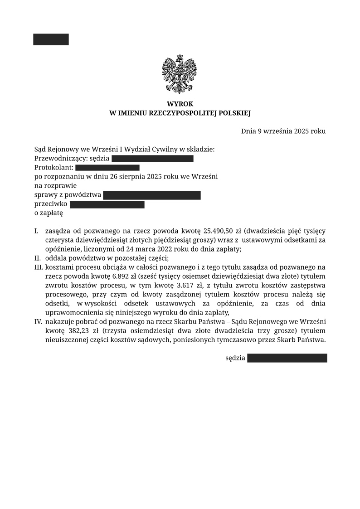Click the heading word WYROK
[x=180, y=104]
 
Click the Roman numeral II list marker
[x=38, y=258]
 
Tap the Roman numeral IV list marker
[x=39, y=322]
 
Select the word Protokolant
[x=53, y=168]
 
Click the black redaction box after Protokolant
[x=107, y=168]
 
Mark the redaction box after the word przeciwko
[x=107, y=204]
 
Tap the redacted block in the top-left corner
[x=51, y=39]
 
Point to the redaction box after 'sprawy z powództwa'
[x=151, y=195]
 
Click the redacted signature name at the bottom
[x=287, y=358]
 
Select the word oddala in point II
[x=55, y=258]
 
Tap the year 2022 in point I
[x=172, y=249]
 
